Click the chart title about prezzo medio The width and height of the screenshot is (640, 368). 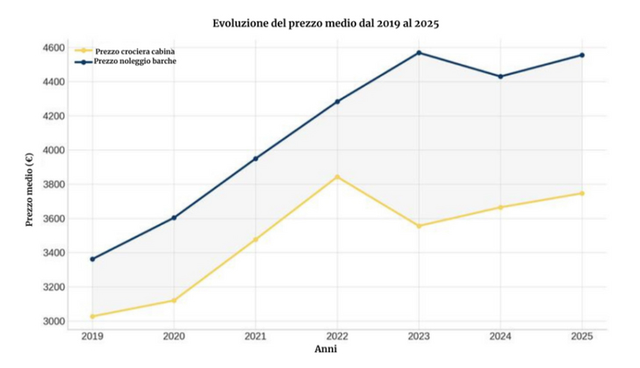[325, 23]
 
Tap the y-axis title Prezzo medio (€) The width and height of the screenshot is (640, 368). [30, 189]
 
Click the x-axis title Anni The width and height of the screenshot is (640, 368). [325, 349]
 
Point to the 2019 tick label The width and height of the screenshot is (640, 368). [91, 336]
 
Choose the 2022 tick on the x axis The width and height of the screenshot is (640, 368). [337, 336]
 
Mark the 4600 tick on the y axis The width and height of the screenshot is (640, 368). [54, 47]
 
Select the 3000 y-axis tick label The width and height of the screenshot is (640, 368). [54, 321]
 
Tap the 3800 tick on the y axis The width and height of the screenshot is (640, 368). [54, 184]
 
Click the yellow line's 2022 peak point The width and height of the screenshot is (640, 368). [337, 177]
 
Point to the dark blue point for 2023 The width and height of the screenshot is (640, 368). [419, 53]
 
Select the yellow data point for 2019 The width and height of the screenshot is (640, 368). [92, 316]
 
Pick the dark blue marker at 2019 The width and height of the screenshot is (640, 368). [92, 259]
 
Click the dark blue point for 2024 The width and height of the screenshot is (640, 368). [500, 76]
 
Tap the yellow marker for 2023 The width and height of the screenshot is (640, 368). [419, 226]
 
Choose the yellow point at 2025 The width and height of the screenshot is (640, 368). [581, 193]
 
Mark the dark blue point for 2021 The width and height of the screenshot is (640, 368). [255, 159]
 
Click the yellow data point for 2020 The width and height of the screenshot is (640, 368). [174, 300]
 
